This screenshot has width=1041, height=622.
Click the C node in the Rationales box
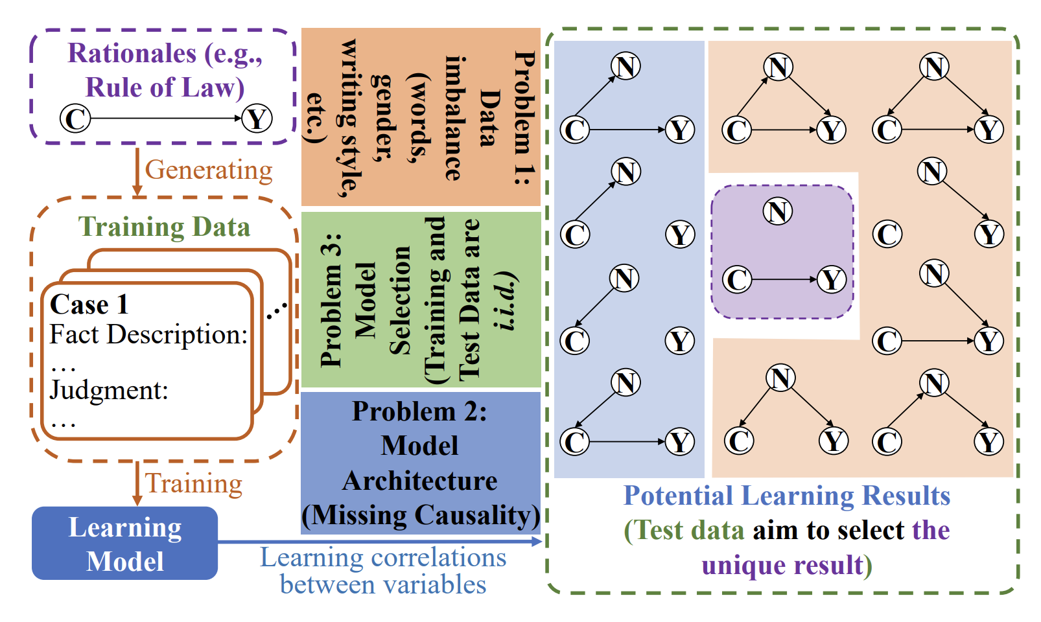(75, 119)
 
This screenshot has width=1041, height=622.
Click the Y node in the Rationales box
(257, 119)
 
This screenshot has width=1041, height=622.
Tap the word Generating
(209, 170)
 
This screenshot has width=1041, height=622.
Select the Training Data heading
(164, 227)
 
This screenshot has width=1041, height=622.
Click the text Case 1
(89, 305)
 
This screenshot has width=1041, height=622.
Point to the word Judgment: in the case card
(109, 390)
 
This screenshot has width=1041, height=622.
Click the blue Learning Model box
(125, 544)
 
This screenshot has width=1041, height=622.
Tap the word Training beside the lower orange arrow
(193, 483)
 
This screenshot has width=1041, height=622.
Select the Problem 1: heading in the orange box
(524, 117)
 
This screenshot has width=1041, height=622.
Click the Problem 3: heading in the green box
(331, 299)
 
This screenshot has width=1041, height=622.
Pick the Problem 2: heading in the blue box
(419, 412)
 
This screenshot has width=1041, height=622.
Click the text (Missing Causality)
(421, 516)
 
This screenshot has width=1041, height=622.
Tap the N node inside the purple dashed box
(778, 211)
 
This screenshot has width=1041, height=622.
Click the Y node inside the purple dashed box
(831, 280)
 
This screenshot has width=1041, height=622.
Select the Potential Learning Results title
(786, 496)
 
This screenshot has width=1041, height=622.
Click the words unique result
(782, 566)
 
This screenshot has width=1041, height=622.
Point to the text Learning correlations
(383, 558)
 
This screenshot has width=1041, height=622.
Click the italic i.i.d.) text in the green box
(506, 301)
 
